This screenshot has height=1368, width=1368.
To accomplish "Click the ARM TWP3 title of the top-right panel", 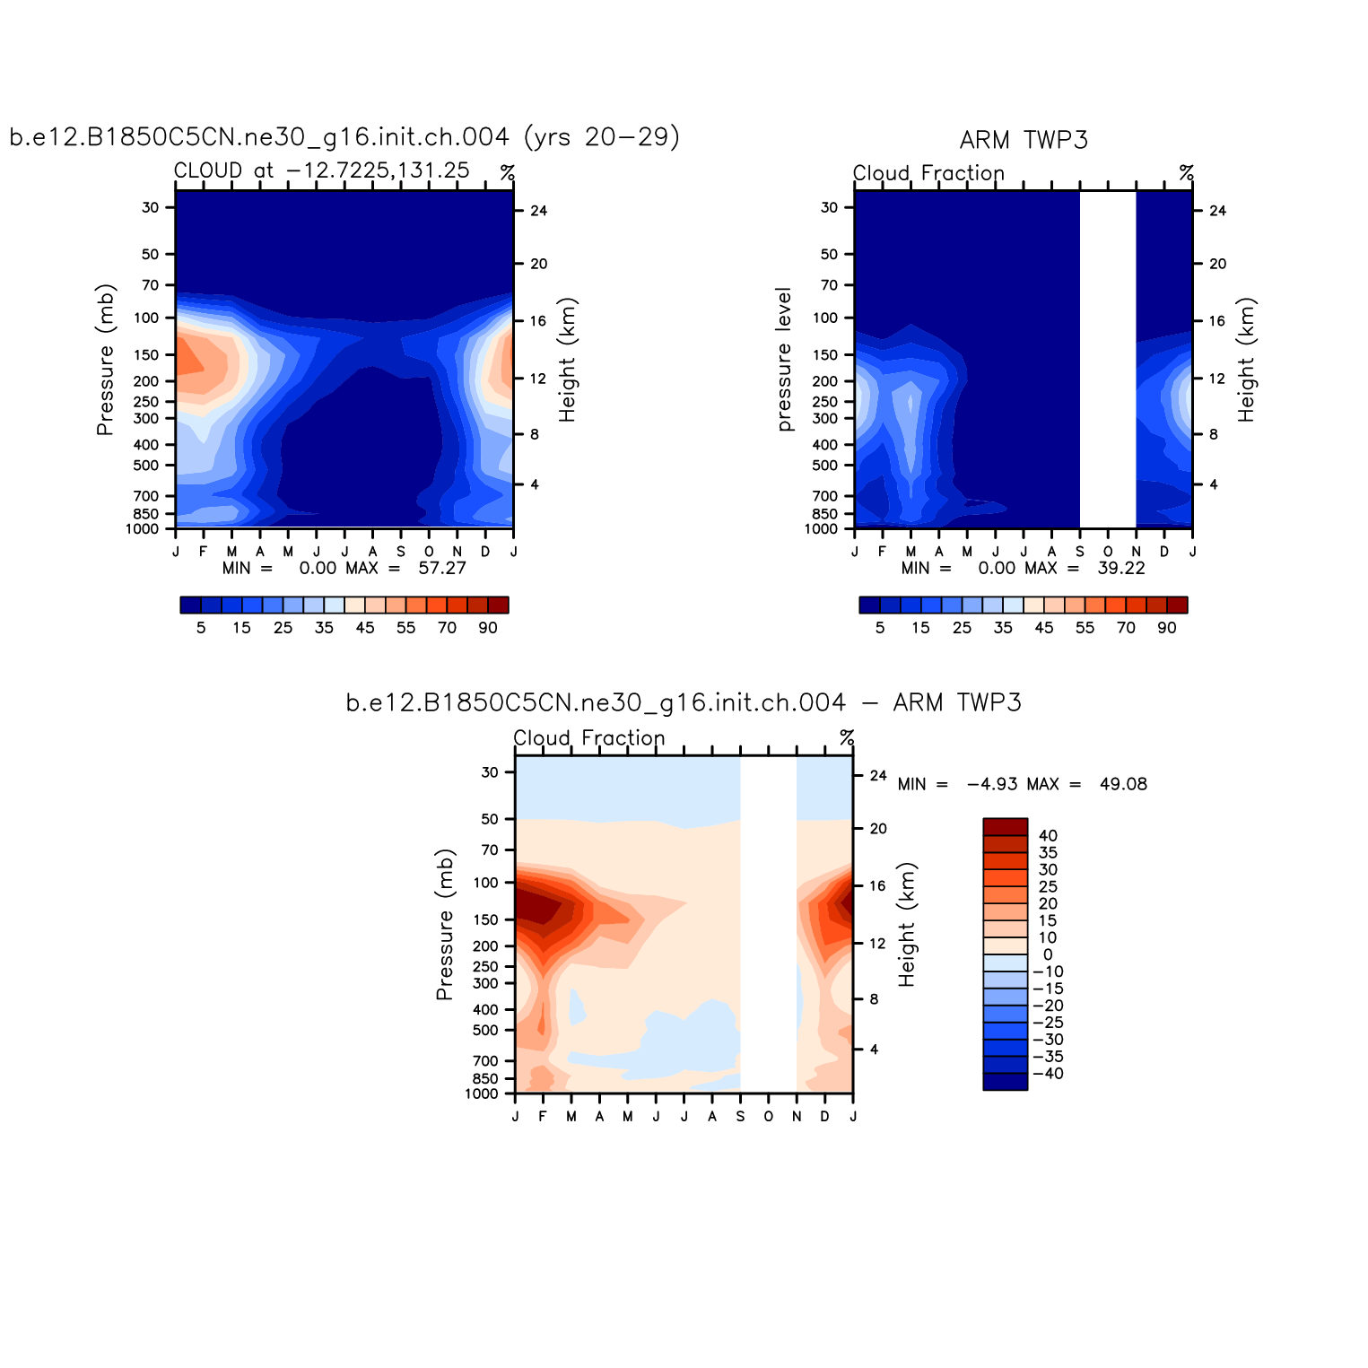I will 1024,141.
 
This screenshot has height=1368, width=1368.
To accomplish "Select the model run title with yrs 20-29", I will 344,137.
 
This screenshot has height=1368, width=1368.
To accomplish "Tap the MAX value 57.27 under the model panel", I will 442,569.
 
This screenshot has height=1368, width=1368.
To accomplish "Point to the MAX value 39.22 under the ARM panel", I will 1121,569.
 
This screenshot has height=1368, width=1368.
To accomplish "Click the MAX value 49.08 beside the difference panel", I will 1123,785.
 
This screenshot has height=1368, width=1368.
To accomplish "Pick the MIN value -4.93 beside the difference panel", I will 992,785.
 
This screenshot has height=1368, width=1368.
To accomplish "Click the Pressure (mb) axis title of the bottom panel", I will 445,925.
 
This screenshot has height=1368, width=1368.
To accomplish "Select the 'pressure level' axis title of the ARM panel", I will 784,360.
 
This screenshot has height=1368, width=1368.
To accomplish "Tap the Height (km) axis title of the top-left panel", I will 567,360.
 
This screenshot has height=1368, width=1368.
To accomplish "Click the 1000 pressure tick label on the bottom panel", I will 482,1094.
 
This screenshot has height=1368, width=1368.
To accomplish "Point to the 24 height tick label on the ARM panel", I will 1217,212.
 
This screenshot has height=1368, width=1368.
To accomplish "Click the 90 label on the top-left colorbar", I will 488,628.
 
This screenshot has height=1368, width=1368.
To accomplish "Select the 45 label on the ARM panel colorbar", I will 1044,628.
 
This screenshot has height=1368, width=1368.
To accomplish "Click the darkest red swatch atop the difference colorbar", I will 1005,827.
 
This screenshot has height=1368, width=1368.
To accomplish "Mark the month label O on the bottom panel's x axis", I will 768,1117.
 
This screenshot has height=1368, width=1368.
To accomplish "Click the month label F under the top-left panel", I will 204,552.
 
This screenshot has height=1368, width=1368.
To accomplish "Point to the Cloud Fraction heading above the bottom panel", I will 589,738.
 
